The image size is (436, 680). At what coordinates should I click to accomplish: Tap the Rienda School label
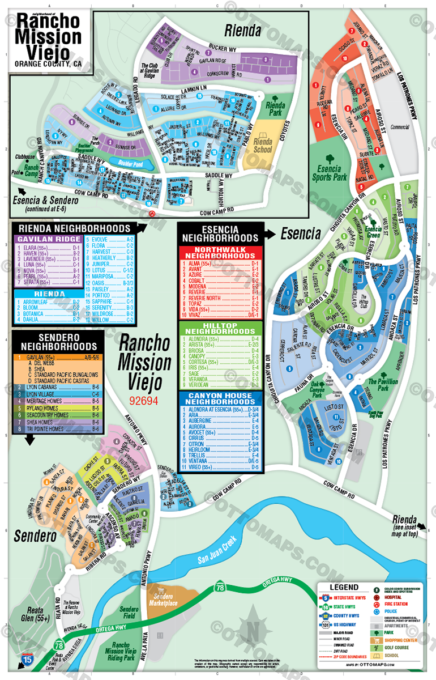pos(263,146)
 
